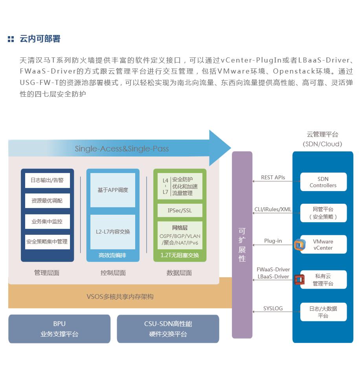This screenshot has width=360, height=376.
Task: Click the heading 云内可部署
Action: tap(40, 39)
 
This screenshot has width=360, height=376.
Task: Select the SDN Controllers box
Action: tap(323, 182)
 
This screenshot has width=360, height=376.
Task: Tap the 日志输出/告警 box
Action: tap(47, 181)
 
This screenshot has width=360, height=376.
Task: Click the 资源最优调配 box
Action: tap(47, 201)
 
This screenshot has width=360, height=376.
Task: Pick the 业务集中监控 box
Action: tap(47, 221)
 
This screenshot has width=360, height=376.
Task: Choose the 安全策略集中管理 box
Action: tap(47, 242)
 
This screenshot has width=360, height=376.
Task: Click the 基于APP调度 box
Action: tap(113, 190)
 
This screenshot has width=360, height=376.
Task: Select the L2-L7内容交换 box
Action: tap(113, 232)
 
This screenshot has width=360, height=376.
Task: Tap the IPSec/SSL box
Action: tap(180, 210)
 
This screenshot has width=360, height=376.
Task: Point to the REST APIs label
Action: tap(273, 177)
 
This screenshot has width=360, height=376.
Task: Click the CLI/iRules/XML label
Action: tap(273, 209)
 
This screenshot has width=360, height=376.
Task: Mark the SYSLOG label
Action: tap(273, 308)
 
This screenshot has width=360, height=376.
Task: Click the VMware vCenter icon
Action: tap(299, 245)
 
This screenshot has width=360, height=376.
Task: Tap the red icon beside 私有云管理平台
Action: tap(299, 280)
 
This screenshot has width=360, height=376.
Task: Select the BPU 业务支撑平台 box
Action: tap(59, 329)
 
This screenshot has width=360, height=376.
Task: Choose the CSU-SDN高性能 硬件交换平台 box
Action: tap(168, 329)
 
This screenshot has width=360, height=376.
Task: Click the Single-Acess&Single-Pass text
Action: tap(122, 149)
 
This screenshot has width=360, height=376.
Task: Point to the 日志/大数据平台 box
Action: tap(323, 312)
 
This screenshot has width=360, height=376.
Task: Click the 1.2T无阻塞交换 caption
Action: tap(180, 255)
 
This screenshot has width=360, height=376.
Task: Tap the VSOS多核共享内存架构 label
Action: tap(120, 297)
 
